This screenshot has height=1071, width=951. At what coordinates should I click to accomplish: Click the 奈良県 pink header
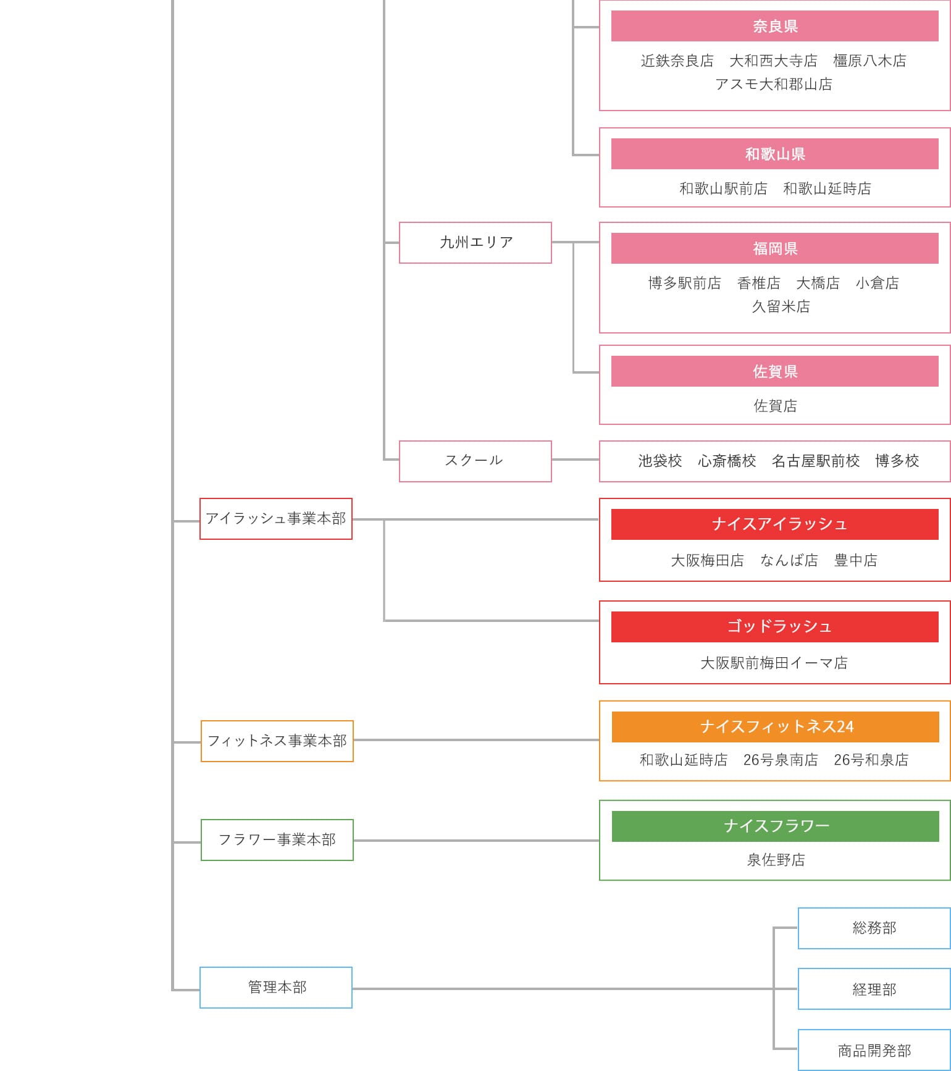pyautogui.click(x=774, y=26)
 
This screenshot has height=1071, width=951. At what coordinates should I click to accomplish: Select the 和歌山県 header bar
pyautogui.click(x=774, y=154)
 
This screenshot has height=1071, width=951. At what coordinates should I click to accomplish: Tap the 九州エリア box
pyautogui.click(x=475, y=242)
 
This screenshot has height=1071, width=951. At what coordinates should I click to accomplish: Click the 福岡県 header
pyautogui.click(x=774, y=248)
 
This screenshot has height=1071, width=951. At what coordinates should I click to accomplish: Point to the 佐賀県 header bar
pyautogui.click(x=774, y=371)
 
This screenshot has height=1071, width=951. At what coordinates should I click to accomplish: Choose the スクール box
pyautogui.click(x=475, y=461)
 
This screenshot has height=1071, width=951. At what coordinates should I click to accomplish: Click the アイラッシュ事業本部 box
pyautogui.click(x=275, y=519)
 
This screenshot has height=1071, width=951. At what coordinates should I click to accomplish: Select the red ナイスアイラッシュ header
pyautogui.click(x=774, y=524)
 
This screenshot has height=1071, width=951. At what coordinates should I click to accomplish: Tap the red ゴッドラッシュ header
pyautogui.click(x=774, y=627)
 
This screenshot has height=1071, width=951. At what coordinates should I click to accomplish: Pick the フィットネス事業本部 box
pyautogui.click(x=277, y=741)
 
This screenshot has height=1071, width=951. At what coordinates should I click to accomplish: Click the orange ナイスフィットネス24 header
pyautogui.click(x=775, y=727)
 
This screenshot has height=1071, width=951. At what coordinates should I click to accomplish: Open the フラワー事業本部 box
pyautogui.click(x=277, y=840)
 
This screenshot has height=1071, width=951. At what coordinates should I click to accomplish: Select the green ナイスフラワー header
pyautogui.click(x=775, y=826)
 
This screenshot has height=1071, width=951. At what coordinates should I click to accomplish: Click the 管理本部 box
pyautogui.click(x=275, y=987)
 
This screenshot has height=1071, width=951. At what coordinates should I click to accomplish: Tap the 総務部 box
pyautogui.click(x=874, y=928)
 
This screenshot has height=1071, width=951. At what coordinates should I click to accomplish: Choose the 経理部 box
pyautogui.click(x=874, y=989)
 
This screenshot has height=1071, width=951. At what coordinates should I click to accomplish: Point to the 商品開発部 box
pyautogui.click(x=874, y=1050)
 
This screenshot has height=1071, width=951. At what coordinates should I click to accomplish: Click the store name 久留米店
pyautogui.click(x=781, y=306)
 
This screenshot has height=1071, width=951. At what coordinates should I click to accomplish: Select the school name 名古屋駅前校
pyautogui.click(x=815, y=461)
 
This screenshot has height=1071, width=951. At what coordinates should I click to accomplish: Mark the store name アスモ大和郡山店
pyautogui.click(x=773, y=84)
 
